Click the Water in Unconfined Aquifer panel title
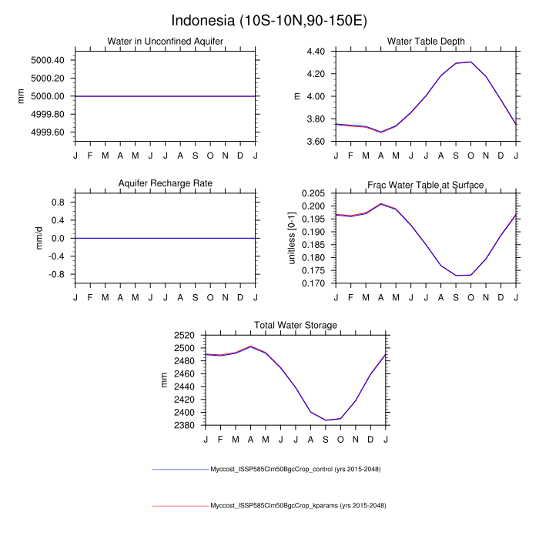click(165, 42)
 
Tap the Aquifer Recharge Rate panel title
click(165, 184)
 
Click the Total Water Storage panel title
click(296, 326)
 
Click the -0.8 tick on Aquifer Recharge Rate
click(57, 274)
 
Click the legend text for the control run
click(296, 469)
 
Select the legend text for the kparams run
click(298, 506)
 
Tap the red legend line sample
click(181, 506)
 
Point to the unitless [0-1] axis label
click(292, 238)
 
